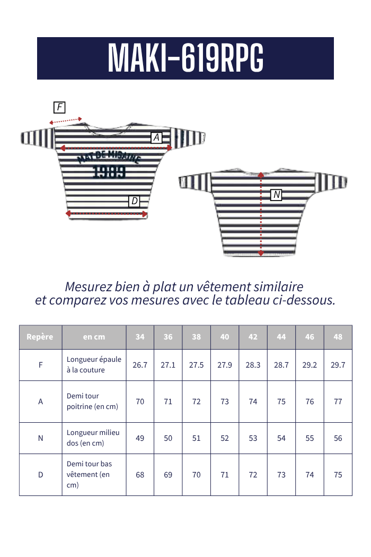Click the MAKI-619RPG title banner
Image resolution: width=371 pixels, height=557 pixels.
[185, 58]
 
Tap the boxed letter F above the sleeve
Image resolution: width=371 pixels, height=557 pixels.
[59, 107]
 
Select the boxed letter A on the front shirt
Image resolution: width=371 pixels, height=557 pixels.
[156, 137]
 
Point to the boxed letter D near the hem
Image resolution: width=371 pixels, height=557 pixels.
[134, 201]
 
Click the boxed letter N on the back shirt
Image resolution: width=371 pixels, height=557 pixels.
[276, 195]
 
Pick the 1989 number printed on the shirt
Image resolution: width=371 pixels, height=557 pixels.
[109, 172]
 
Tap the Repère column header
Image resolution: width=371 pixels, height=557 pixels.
[40, 337]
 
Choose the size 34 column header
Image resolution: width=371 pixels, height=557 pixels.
[140, 337]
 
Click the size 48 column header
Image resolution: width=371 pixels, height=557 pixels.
[338, 337]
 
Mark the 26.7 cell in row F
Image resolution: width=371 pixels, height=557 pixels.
[140, 365]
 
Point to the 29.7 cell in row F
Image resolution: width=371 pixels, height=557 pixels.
[338, 365]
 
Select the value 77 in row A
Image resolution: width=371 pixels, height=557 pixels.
[338, 402]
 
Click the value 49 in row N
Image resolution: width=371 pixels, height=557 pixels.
[140, 438]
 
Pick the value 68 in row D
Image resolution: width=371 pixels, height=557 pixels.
[140, 475]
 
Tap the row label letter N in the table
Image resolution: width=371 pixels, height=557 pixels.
[40, 438]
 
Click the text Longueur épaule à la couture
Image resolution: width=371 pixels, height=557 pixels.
[94, 365]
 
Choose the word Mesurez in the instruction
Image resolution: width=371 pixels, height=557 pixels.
[87, 287]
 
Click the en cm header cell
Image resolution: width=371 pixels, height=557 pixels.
[94, 337]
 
